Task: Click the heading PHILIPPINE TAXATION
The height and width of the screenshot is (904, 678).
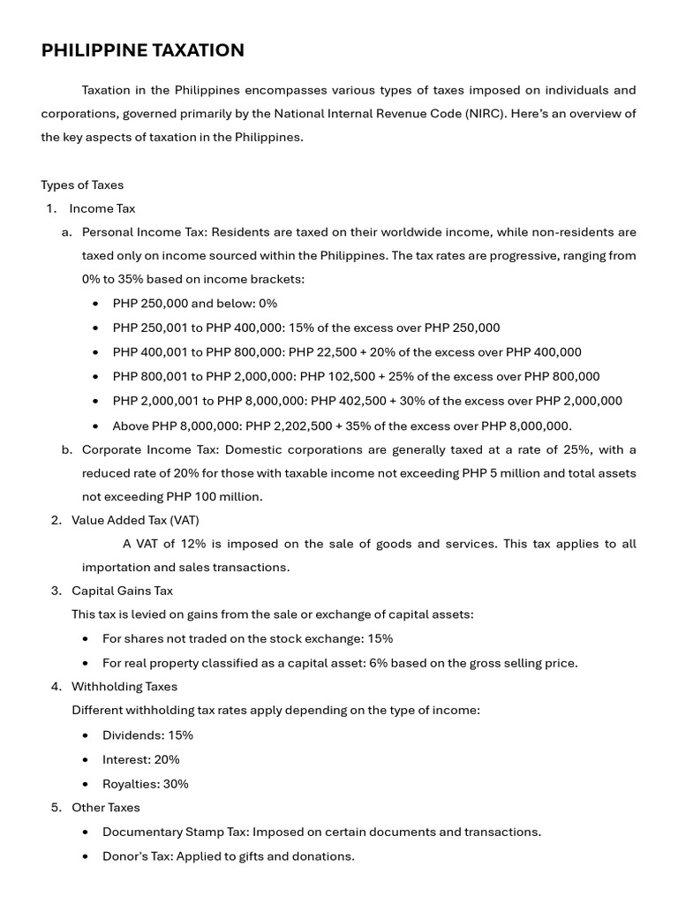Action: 142,51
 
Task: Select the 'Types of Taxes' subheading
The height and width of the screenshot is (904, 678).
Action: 82,185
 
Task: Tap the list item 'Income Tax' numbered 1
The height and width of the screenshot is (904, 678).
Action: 102,209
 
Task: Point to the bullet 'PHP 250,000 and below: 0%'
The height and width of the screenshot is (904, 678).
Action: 194,304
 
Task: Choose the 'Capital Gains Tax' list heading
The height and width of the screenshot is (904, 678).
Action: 122,591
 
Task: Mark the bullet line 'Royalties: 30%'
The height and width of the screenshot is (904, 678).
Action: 145,784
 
